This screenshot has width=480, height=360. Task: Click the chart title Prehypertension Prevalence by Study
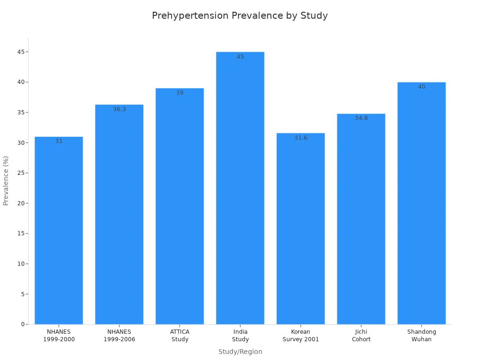point(240,15)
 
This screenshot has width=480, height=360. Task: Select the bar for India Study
point(240,187)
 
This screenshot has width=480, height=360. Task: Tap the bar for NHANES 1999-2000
point(59,230)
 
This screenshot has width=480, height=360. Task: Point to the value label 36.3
point(120,109)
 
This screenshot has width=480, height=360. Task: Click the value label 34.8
point(361,118)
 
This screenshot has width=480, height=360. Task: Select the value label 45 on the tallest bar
point(240,57)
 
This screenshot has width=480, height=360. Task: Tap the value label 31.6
point(300,138)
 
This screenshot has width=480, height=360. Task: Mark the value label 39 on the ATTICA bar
point(180,93)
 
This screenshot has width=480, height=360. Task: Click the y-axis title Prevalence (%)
point(6,180)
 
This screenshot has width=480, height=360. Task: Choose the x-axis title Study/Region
point(240,352)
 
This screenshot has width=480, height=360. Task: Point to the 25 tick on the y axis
point(21,173)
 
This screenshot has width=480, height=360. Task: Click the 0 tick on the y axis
point(22,324)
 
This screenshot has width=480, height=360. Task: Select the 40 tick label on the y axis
point(21,82)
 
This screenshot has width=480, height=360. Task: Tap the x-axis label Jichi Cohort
point(361,336)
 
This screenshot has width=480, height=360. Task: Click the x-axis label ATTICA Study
point(180,336)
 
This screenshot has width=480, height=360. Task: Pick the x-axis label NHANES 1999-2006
point(120,336)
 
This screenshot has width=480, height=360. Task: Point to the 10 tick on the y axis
point(21,264)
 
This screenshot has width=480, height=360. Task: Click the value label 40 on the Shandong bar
point(421,87)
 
